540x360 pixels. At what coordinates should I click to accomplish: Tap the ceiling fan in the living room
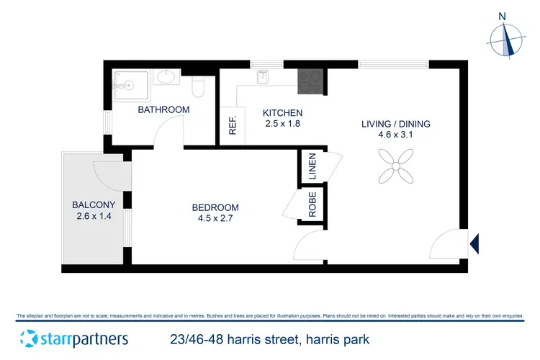[396, 164]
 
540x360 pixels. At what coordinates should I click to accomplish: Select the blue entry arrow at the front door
[474, 244]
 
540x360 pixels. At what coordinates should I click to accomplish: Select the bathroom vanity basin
[168, 77]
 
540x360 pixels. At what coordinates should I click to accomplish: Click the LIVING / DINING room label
[396, 124]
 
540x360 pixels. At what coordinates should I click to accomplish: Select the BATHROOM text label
[163, 110]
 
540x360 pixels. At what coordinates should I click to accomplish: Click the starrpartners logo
[74, 338]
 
